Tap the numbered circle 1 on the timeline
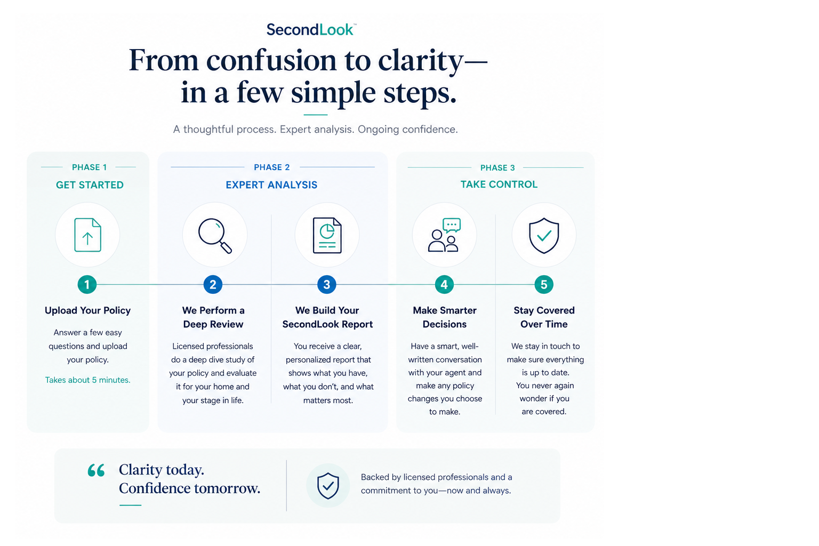(x=87, y=285)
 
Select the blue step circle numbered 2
(x=213, y=285)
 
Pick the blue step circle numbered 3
(x=327, y=285)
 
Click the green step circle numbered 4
(x=444, y=285)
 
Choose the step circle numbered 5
(x=544, y=285)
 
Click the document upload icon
(x=88, y=235)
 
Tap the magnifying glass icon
(x=215, y=236)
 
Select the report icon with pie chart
(x=327, y=235)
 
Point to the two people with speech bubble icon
(x=444, y=235)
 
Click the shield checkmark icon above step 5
(x=544, y=236)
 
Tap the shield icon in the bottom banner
(x=328, y=486)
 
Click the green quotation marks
(x=96, y=470)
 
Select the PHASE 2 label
(x=271, y=167)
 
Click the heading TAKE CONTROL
(x=499, y=184)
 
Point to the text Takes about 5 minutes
(x=88, y=380)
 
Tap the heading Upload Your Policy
(x=88, y=310)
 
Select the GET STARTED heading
(x=90, y=185)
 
